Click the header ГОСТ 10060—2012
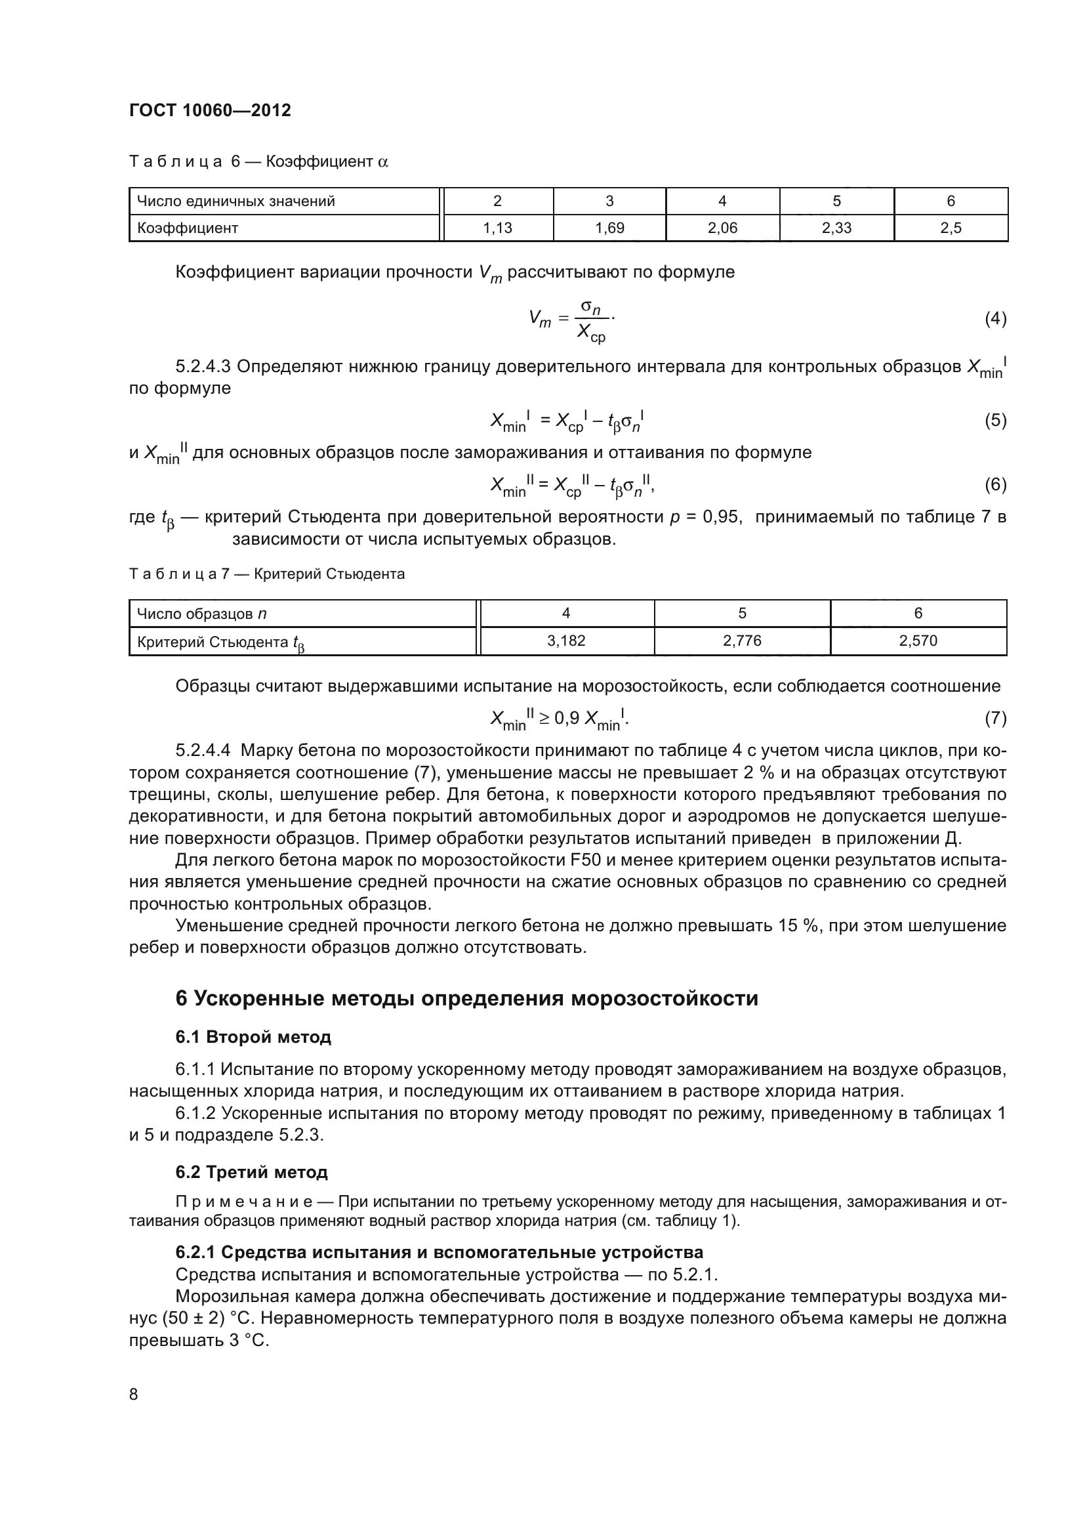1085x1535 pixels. [x=210, y=110]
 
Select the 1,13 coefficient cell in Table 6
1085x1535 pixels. [x=497, y=228]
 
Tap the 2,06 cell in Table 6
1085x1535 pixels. [x=722, y=228]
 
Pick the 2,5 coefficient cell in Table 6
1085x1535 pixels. [x=950, y=228]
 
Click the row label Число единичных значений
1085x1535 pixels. [x=236, y=201]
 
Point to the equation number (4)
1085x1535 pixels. [x=996, y=318]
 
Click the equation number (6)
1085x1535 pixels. [x=996, y=484]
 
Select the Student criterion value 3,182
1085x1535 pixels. [x=566, y=641]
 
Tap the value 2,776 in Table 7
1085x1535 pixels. [x=742, y=641]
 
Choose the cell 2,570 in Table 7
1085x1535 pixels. [x=918, y=641]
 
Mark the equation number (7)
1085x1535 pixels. [x=996, y=718]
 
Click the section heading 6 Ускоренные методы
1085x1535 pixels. [x=466, y=998]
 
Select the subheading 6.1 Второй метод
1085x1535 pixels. [x=253, y=1037]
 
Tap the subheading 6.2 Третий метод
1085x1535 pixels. [x=251, y=1172]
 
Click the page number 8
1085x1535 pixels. [x=134, y=1394]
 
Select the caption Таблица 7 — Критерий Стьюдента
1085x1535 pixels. [x=266, y=574]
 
